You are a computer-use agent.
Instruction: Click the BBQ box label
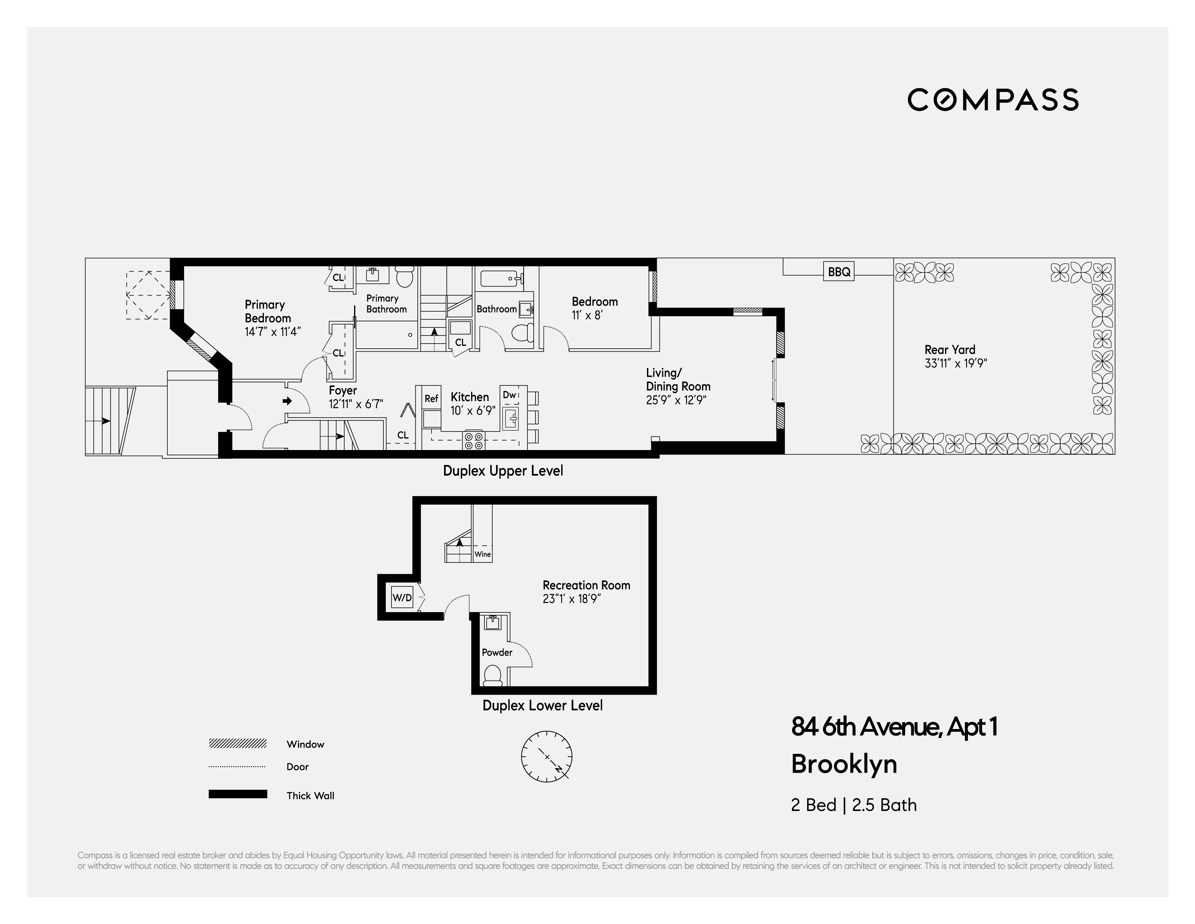tap(839, 272)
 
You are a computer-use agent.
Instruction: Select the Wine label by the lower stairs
tap(483, 554)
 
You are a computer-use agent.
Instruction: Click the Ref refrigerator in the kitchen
tap(431, 399)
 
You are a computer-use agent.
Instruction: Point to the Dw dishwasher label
tap(509, 395)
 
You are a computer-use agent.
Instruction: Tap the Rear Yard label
tap(949, 349)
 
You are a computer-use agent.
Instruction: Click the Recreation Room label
tap(586, 585)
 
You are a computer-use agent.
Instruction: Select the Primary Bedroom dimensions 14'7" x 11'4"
tap(273, 332)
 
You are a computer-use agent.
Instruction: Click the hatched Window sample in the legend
tap(238, 743)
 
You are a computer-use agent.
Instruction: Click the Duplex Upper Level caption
tap(502, 471)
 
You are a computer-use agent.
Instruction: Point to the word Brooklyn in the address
tap(844, 764)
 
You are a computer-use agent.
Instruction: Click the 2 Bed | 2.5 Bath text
tap(853, 805)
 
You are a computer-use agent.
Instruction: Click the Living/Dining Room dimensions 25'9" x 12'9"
tap(676, 400)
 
